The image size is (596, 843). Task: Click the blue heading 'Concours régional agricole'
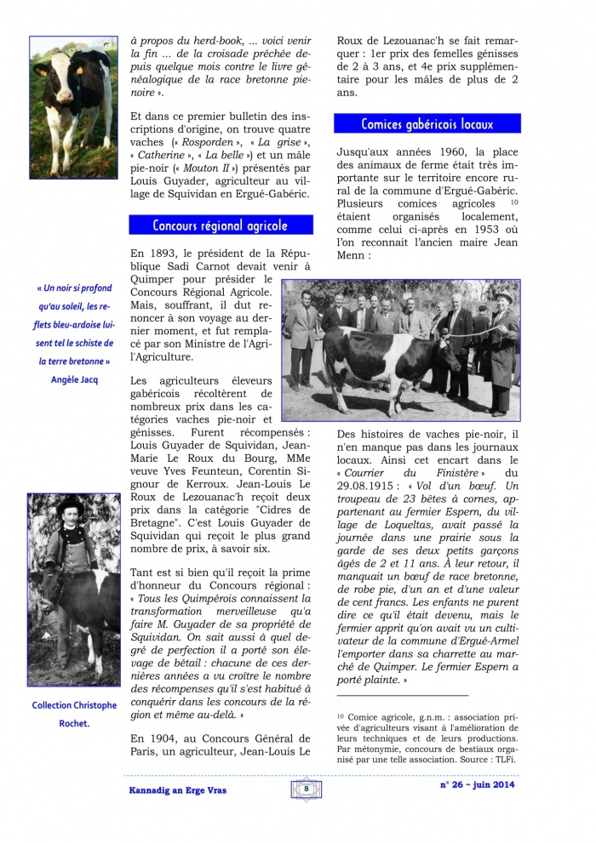(221, 225)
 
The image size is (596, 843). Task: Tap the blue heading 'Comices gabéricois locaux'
(427, 124)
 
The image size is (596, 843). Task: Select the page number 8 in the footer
(305, 789)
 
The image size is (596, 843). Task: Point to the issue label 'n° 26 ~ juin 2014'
(478, 784)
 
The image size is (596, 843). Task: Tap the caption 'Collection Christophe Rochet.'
(74, 714)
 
